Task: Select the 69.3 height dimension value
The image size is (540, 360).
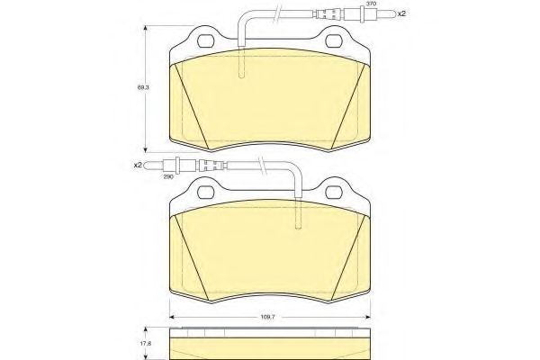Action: [x=141, y=87]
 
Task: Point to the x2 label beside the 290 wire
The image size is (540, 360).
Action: [x=138, y=165]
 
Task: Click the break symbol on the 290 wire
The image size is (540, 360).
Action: [x=260, y=165]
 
